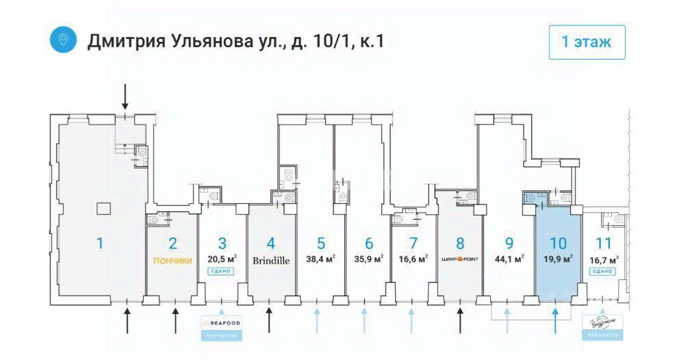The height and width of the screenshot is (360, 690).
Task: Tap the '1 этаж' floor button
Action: [x=587, y=42]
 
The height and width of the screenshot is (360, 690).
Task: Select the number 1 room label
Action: [x=100, y=242]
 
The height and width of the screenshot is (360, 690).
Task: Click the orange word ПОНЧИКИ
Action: [x=172, y=260]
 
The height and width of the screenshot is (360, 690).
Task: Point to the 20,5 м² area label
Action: [x=222, y=259]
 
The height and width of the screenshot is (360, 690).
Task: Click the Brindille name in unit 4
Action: [x=271, y=260]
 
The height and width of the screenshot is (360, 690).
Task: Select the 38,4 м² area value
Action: [x=320, y=259]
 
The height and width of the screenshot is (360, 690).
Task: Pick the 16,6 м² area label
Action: [x=413, y=259]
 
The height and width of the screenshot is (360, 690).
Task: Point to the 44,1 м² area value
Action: [x=509, y=259]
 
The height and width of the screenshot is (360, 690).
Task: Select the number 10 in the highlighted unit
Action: [x=558, y=242]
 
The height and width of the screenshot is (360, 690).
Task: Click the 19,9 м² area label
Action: [x=558, y=259]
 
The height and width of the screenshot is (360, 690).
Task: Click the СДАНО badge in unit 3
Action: [x=222, y=272]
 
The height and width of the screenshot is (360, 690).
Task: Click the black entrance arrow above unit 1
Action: [x=125, y=97]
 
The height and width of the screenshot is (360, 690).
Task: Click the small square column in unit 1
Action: [x=103, y=208]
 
